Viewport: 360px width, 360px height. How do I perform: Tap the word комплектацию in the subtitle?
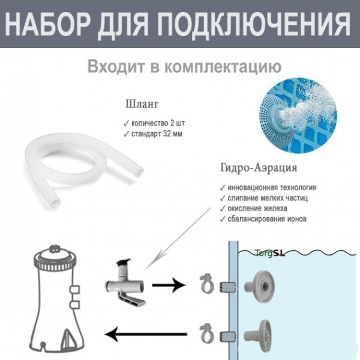pos(224,65)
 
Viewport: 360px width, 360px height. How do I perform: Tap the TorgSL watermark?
pos(269,253)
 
